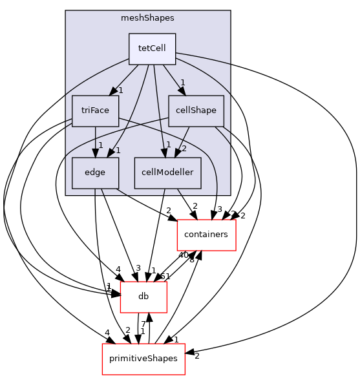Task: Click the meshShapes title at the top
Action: click(x=147, y=18)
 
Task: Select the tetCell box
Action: click(x=152, y=49)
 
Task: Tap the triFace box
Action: click(x=95, y=110)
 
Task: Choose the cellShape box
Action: click(x=196, y=110)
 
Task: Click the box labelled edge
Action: click(x=95, y=173)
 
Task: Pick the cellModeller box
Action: click(x=167, y=173)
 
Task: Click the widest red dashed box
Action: click(x=143, y=359)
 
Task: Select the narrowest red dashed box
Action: click(x=143, y=297)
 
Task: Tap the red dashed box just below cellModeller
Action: click(x=206, y=235)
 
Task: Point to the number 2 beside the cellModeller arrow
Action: click(x=184, y=149)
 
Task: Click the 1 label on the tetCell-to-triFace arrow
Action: click(x=120, y=90)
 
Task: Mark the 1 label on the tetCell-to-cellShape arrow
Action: click(x=183, y=82)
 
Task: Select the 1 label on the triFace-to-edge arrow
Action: click(x=100, y=145)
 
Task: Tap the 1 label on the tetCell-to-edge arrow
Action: click(x=118, y=150)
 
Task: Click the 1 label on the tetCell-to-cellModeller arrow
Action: click(x=168, y=144)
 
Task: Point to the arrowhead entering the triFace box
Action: click(x=112, y=92)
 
